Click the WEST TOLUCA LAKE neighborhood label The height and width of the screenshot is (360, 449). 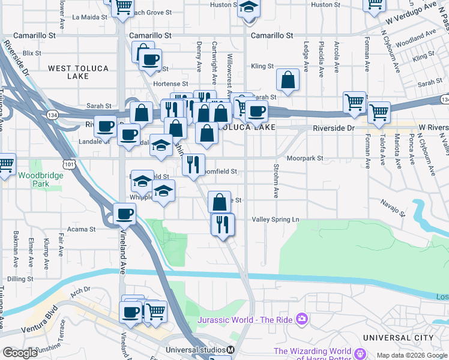[76, 72]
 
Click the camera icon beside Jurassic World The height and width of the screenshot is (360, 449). [302, 319]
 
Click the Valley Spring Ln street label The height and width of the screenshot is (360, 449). [275, 220]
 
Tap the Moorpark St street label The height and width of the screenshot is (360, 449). [305, 158]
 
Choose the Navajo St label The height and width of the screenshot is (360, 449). [393, 208]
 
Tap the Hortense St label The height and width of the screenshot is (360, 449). [171, 84]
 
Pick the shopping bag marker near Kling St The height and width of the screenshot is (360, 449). [288, 80]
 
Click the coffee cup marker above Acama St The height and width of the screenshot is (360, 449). [125, 214]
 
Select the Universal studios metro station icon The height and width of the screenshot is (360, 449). [231, 350]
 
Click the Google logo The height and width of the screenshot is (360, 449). [20, 353]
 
